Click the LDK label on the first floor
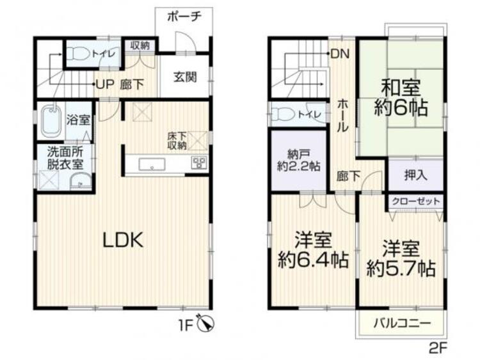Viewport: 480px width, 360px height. point(123,240)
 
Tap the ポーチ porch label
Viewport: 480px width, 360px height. point(184,16)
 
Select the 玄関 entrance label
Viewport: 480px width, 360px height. point(185,77)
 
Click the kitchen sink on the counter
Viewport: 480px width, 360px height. point(152,164)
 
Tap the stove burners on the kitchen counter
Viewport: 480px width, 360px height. point(199,162)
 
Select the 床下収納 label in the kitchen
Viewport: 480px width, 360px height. point(177,141)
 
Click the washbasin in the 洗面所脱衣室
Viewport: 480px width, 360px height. point(80,182)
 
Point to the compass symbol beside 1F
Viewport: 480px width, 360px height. point(206,323)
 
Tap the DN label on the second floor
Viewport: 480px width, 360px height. point(340,54)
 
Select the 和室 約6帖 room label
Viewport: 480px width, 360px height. point(401,97)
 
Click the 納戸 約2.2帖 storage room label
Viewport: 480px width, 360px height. point(299,160)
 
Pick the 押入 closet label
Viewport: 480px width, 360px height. point(415,175)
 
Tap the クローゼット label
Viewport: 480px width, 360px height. point(416,201)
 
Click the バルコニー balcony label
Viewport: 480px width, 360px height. point(403,323)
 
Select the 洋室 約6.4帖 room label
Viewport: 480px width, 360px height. point(313,250)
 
